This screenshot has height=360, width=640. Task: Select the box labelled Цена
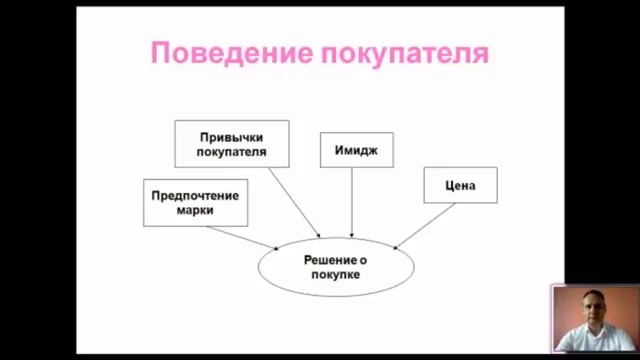(460, 185)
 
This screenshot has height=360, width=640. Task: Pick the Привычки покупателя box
(232, 144)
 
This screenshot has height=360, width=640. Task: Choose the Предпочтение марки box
(195, 203)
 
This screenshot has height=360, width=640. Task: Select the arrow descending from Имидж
(351, 200)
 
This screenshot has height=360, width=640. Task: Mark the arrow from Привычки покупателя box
(295, 200)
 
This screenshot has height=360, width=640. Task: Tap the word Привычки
(232, 137)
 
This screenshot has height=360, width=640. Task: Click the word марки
(195, 211)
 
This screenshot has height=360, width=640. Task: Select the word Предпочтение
(195, 196)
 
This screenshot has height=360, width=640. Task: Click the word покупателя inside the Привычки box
(232, 152)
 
